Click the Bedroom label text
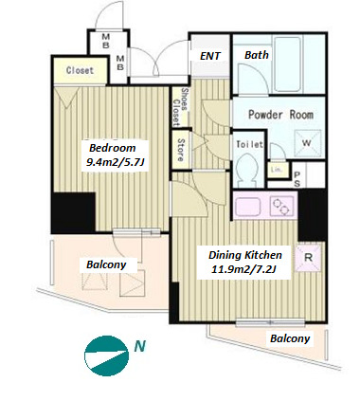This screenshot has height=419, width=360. click(113, 148)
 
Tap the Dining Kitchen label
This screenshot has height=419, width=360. click(245, 255)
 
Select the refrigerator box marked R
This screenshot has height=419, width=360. click(308, 257)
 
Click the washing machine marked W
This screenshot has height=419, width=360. click(306, 143)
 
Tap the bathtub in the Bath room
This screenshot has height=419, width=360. click(287, 64)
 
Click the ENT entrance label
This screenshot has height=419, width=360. click(210, 56)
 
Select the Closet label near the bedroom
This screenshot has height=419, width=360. click(80, 70)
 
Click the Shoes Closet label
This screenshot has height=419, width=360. click(180, 106)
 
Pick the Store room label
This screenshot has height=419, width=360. click(181, 150)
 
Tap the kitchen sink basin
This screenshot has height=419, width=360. click(248, 206)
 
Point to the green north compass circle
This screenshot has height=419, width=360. click(106, 355)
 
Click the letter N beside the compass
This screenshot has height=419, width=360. click(140, 346)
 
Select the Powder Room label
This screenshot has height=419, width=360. click(280, 115)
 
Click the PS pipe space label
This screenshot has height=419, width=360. click(297, 179)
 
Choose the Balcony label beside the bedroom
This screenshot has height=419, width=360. click(106, 264)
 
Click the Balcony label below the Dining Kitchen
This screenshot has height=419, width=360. click(290, 338)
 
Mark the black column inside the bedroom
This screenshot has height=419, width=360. click(74, 212)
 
